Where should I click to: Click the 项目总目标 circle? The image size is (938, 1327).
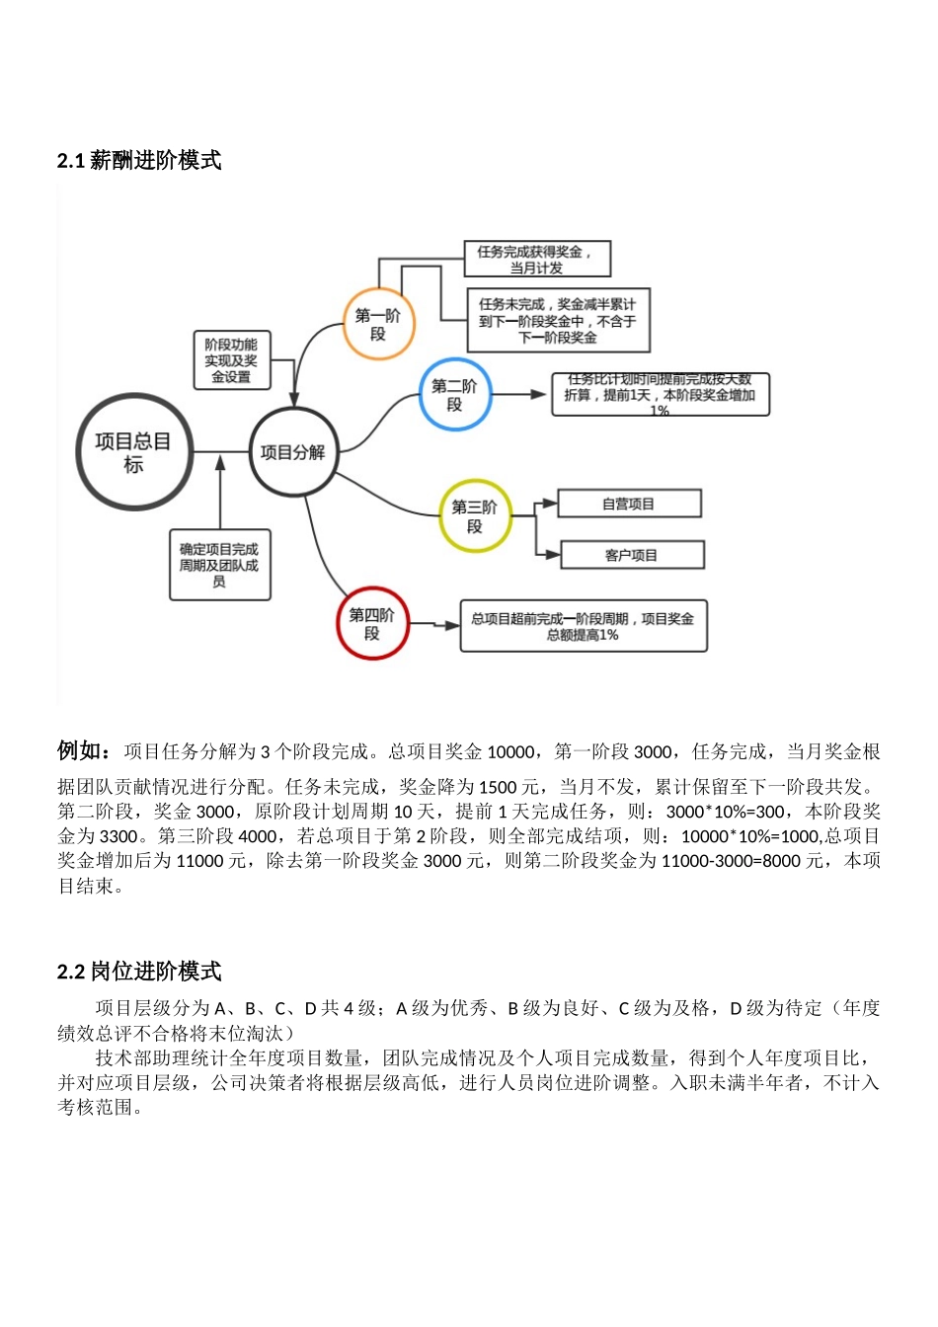click(133, 452)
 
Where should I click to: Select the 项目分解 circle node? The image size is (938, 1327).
click(292, 452)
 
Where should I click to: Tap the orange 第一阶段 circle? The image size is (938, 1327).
click(378, 324)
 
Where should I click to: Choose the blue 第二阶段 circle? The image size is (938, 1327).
click(454, 395)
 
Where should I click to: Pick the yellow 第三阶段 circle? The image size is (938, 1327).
click(475, 516)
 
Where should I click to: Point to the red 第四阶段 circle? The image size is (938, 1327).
click(372, 624)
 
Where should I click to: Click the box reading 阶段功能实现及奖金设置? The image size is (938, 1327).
click(231, 359)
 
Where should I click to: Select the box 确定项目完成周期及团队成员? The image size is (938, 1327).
click(219, 565)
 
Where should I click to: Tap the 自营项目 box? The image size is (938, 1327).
click(629, 504)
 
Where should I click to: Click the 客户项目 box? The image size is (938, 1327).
click(632, 555)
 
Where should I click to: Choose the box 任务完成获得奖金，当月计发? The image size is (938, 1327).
click(537, 259)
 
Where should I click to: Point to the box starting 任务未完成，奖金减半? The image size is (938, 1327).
click(558, 320)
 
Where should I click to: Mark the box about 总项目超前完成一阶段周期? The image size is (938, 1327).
click(583, 626)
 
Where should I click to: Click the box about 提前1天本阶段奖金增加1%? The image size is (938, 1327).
click(660, 395)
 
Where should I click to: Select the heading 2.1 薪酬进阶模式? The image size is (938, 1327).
click(139, 161)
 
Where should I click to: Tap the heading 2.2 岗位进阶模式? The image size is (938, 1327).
click(139, 972)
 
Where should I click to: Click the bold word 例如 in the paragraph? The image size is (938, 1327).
click(83, 751)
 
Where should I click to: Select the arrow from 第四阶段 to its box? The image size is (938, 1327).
click(435, 624)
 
